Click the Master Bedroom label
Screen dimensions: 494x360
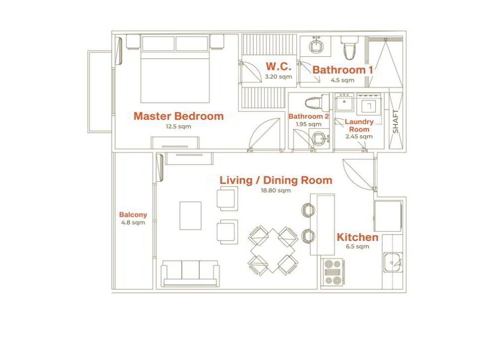click(x=179, y=116)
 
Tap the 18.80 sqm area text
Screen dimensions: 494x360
click(x=276, y=190)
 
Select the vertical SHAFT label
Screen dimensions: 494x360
click(x=395, y=121)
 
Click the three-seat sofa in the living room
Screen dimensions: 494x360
click(x=190, y=273)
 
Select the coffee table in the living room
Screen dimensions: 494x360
click(x=191, y=216)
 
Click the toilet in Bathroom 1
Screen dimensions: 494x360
click(x=350, y=47)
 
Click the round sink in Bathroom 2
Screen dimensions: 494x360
click(x=320, y=138)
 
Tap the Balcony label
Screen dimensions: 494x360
click(x=133, y=215)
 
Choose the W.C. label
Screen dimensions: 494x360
click(x=278, y=66)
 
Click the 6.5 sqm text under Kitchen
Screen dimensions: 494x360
click(x=357, y=246)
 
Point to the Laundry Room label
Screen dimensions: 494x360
click(x=359, y=125)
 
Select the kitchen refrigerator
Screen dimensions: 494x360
click(x=388, y=217)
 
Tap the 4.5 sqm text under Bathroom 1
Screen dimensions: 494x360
click(x=343, y=80)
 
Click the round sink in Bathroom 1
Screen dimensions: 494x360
click(x=315, y=46)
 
